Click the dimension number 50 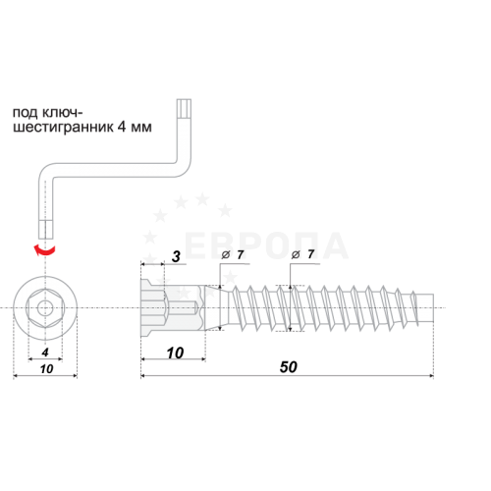coord(289,367)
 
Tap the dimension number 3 coord(176,256)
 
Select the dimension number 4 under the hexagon coord(45,353)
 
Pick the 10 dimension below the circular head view coord(46,369)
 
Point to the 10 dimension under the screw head coord(175,353)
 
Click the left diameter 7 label coord(233,254)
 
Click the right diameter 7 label coord(302,254)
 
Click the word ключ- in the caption coord(63,112)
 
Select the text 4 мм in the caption coord(135,127)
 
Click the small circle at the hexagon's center coord(45,308)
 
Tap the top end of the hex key coord(184,99)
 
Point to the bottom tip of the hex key coord(45,238)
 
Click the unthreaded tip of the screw coord(425,308)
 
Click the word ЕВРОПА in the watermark coord(266,245)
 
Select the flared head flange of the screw coord(146,308)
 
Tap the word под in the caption coord(26,113)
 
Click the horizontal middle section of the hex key coord(111,170)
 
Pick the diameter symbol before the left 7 coord(226,255)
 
